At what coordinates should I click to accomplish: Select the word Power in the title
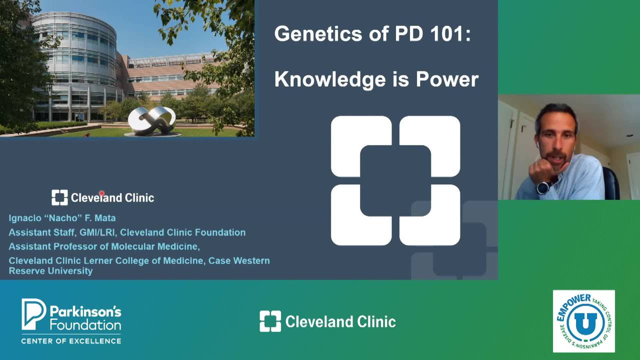447,79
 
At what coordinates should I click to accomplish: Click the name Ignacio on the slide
25,218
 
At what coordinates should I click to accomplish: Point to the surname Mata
105,218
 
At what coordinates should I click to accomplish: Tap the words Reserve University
50,271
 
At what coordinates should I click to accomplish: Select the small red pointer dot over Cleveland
101,193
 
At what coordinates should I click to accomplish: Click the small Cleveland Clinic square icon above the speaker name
59,197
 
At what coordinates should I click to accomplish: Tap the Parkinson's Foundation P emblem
33,313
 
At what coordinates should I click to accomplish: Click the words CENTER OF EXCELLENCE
71,341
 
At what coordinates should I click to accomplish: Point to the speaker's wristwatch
543,187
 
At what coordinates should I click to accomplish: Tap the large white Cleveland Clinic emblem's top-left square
361,146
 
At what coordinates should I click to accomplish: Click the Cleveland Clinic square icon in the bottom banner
270,321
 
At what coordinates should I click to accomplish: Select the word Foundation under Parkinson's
85,325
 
